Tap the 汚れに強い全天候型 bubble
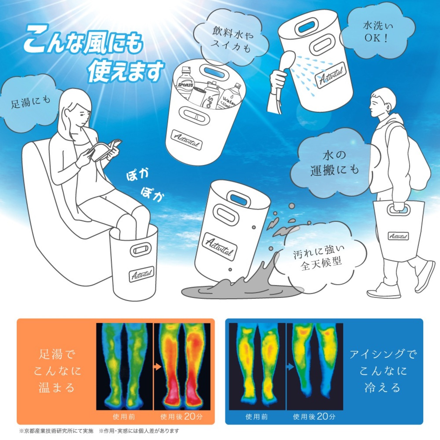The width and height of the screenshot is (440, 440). (320, 257)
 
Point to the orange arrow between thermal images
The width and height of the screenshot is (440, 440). (158, 367)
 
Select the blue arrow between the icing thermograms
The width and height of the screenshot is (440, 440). (290, 367)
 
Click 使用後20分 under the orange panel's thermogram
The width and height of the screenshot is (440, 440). (181, 417)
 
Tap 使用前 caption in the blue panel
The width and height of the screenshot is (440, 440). (257, 417)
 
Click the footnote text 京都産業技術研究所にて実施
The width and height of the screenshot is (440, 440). (56, 431)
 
